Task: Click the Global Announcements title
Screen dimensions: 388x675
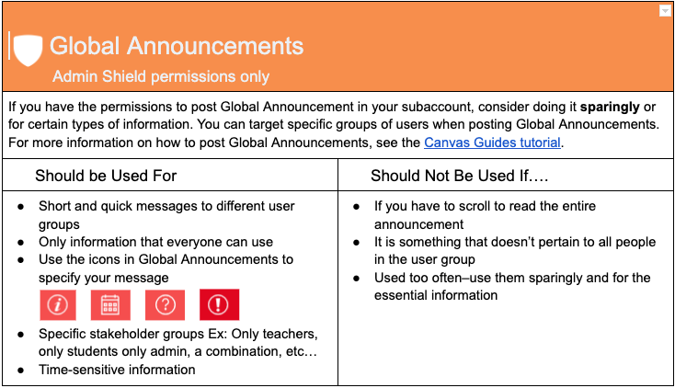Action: click(x=176, y=45)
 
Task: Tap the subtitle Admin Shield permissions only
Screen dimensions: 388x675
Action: click(x=161, y=76)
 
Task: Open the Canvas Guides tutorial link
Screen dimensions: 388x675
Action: click(x=491, y=143)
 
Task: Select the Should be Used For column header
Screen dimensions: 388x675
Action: click(x=106, y=175)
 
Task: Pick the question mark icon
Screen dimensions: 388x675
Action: click(x=166, y=304)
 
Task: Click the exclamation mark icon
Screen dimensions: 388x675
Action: click(x=219, y=304)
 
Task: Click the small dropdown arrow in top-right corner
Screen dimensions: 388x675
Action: click(x=665, y=11)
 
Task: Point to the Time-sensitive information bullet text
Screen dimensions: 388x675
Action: click(x=117, y=370)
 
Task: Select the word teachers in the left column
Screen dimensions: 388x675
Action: click(x=292, y=333)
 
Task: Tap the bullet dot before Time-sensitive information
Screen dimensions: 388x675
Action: click(x=21, y=370)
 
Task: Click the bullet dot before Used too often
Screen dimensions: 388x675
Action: click(x=357, y=278)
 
